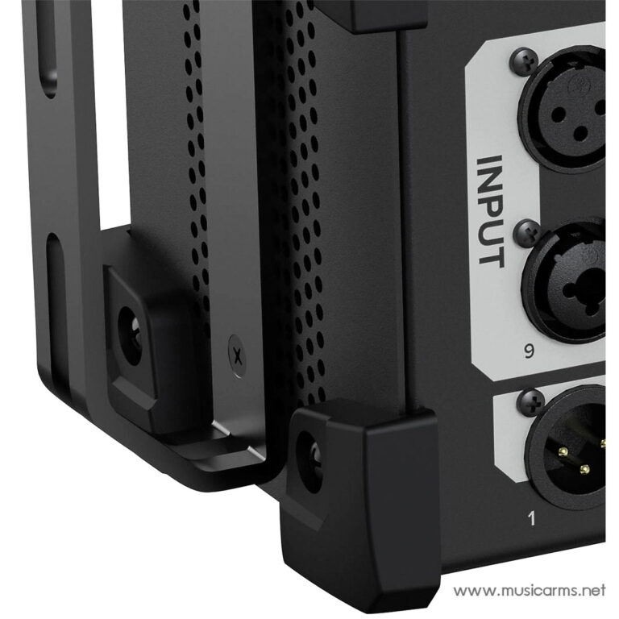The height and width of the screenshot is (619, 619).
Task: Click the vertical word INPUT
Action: point(491,212)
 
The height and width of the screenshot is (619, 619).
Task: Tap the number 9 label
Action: point(529,351)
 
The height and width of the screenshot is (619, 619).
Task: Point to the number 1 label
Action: point(532,518)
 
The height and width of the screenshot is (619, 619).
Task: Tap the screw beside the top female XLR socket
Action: point(524,61)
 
